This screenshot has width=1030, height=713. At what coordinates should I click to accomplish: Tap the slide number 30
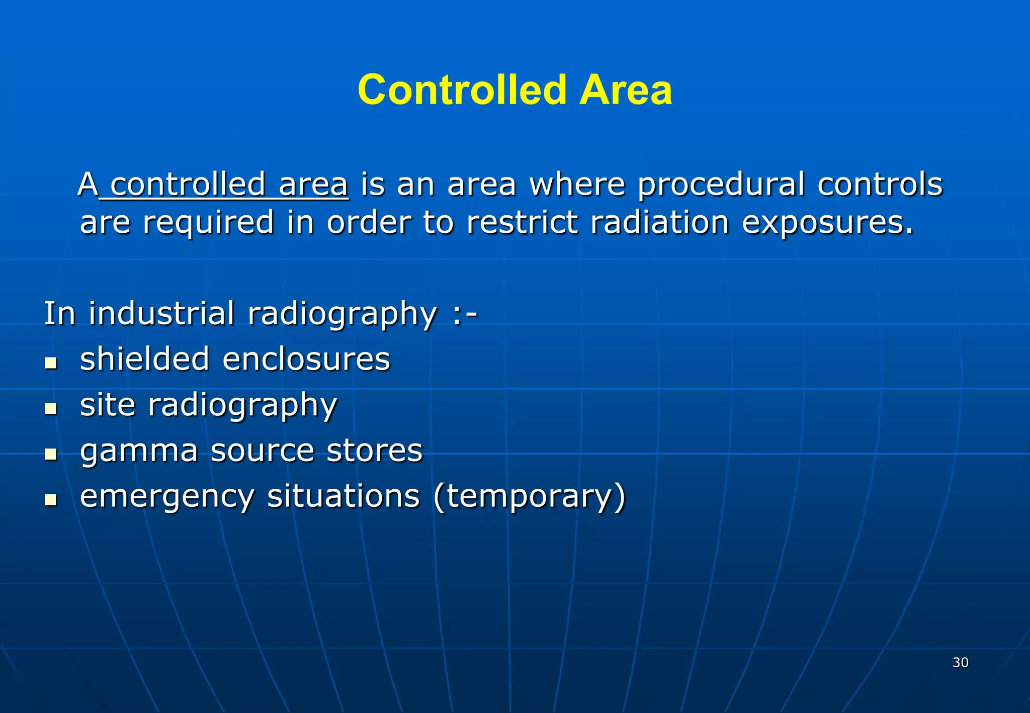click(x=960, y=662)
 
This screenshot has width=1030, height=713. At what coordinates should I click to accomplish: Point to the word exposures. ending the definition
click(x=828, y=222)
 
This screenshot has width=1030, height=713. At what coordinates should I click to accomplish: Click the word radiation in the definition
click(x=659, y=222)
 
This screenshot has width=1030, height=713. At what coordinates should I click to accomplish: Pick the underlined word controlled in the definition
click(x=188, y=184)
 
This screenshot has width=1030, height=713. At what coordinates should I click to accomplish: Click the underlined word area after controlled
click(x=313, y=184)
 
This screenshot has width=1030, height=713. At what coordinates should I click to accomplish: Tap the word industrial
click(x=161, y=313)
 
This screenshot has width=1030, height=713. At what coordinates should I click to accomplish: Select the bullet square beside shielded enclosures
click(x=50, y=363)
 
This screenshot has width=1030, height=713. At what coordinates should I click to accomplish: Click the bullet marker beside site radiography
click(x=50, y=408)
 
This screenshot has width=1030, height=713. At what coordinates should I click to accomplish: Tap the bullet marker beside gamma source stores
click(x=50, y=454)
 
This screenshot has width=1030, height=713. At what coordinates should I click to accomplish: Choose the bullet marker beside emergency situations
click(x=50, y=500)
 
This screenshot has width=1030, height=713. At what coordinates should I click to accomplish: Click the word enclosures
click(x=306, y=359)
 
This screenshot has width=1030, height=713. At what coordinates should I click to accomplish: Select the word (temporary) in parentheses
click(x=529, y=497)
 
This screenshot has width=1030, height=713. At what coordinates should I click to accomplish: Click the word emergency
click(x=167, y=497)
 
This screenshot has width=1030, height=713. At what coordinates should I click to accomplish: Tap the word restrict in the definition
click(x=522, y=222)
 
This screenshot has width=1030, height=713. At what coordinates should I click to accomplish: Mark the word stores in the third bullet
click(x=374, y=451)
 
